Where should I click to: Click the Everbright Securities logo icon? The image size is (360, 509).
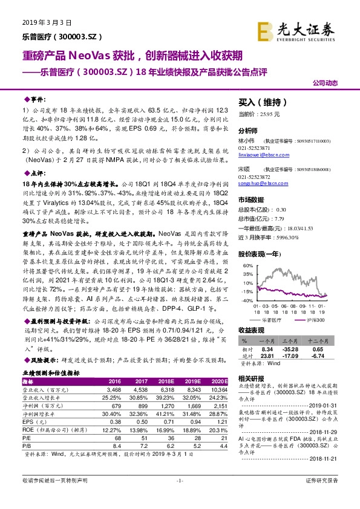pyautogui.click(x=264, y=29)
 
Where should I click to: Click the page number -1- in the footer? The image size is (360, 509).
pyautogui.click(x=180, y=497)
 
